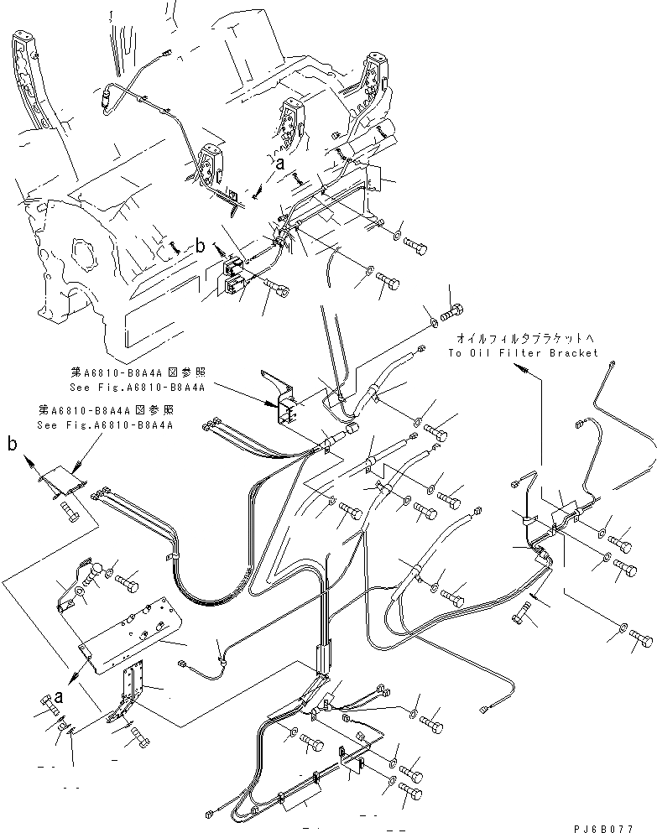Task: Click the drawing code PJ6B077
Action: (616, 826)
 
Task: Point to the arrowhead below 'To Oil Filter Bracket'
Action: (527, 368)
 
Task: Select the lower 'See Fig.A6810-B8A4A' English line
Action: (104, 425)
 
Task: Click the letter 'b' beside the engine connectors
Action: (200, 247)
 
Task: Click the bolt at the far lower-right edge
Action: (640, 638)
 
